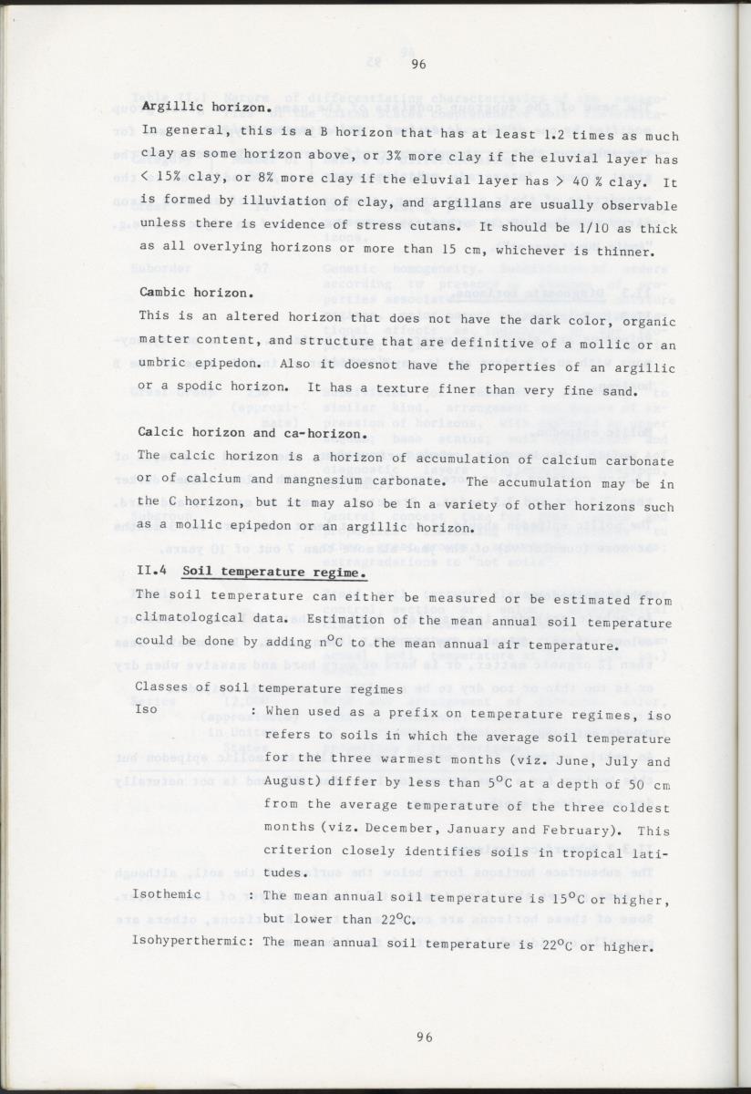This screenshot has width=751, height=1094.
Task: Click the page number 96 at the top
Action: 419,63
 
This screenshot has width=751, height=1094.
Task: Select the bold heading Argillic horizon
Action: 207,108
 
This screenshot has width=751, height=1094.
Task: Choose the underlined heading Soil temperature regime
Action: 274,573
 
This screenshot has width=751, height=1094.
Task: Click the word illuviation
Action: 279,204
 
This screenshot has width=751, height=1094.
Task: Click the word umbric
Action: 163,367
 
